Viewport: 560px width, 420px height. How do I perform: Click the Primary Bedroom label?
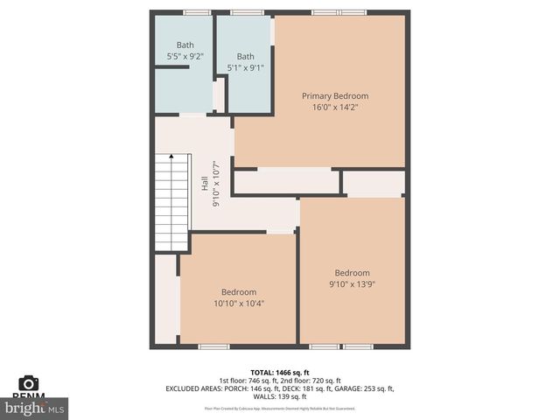coord(335,95)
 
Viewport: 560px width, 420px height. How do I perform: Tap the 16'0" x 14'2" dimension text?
coord(335,107)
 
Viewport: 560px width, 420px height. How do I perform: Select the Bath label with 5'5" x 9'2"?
coord(185,45)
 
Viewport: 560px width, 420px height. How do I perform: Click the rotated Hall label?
coord(205,185)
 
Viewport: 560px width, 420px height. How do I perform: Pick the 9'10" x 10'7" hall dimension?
coord(216,185)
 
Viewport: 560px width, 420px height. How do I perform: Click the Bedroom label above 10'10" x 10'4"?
coord(238,292)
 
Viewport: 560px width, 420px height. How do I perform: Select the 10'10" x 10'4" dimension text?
coord(238,304)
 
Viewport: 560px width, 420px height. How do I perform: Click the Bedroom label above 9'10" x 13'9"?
coord(352,272)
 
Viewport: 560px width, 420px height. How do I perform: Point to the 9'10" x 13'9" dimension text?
coord(352,283)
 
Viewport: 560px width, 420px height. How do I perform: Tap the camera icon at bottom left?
coord(29,382)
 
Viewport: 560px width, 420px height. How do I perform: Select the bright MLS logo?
coord(35,408)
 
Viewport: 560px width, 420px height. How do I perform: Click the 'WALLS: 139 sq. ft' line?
coord(280,396)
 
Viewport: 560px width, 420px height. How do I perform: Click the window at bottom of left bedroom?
coord(213,346)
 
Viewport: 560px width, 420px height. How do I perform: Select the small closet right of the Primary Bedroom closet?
coord(374,183)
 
